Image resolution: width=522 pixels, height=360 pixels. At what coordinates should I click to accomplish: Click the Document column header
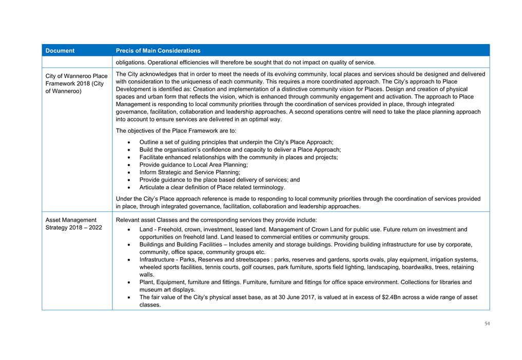[x=60, y=51]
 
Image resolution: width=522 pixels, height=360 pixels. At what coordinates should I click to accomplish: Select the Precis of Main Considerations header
[x=158, y=51]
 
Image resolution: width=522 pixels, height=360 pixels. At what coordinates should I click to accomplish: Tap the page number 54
[x=487, y=324]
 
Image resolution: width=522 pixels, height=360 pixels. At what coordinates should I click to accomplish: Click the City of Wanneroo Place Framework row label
[x=76, y=83]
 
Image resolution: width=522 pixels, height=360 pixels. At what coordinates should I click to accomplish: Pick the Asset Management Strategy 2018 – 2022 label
[x=74, y=224]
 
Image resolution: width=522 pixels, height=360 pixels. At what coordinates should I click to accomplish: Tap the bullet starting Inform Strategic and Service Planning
[x=189, y=172]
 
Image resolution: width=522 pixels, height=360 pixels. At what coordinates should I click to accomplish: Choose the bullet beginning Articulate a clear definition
[x=212, y=187]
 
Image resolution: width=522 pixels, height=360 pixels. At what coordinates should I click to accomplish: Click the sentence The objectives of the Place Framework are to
[x=176, y=130]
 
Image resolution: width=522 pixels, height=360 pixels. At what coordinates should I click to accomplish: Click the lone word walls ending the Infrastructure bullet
[x=146, y=274]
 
